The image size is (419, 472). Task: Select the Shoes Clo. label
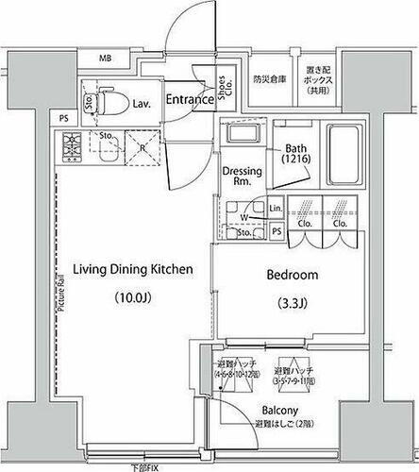click(x=223, y=88)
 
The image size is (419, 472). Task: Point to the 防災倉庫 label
click(x=269, y=81)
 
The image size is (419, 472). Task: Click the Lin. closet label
click(x=276, y=209)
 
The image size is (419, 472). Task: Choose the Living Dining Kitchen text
click(x=133, y=270)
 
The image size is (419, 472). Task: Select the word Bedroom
click(x=292, y=276)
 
